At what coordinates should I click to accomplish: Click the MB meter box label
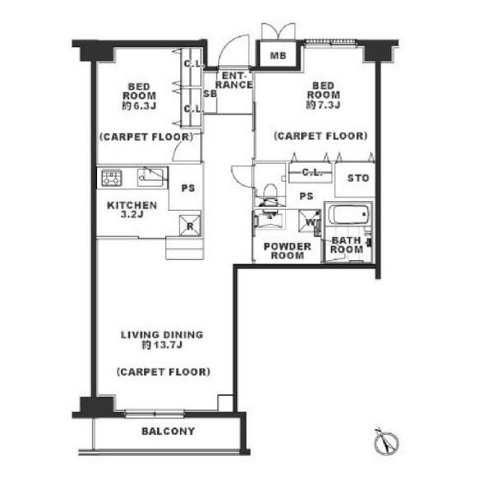(278, 56)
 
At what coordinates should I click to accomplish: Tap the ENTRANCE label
(234, 80)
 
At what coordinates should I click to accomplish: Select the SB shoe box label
(210, 94)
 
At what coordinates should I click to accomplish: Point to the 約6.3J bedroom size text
(139, 105)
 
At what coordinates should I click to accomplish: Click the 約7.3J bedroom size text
(323, 105)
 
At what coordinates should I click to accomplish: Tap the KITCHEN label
(132, 205)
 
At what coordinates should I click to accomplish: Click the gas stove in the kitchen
(111, 178)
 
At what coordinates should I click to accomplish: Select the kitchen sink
(151, 178)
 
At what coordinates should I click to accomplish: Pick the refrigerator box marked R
(190, 226)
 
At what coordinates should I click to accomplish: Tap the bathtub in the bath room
(348, 215)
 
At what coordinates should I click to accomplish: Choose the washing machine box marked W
(310, 221)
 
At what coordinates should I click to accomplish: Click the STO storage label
(358, 179)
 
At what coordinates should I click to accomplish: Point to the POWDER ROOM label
(287, 251)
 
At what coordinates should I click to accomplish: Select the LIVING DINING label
(162, 334)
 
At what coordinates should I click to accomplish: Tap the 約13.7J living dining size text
(162, 345)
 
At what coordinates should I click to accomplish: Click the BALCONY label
(168, 431)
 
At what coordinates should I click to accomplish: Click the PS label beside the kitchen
(188, 189)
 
